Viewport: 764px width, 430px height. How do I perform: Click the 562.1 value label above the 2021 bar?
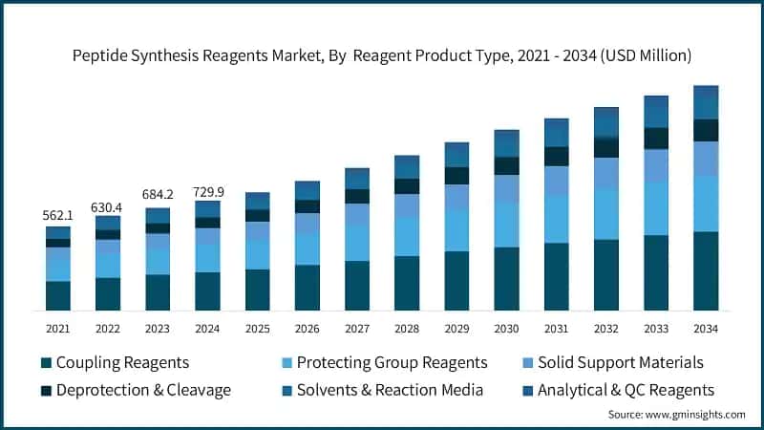coord(58,215)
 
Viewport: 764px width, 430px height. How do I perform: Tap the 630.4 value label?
coord(108,206)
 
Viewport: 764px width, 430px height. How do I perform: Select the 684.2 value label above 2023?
coord(158,198)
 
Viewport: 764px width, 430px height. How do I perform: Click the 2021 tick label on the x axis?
coord(58,329)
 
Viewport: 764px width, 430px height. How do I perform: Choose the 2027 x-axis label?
coord(357,329)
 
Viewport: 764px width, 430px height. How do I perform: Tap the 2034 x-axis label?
coord(706,329)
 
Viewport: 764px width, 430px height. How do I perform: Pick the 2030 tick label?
coord(506,329)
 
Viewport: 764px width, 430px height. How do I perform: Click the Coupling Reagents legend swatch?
coord(46,363)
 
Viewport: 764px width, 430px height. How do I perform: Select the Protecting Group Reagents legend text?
coord(392,363)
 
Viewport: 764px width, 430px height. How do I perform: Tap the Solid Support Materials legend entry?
coord(620,363)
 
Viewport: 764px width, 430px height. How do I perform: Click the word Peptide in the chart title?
coord(100,56)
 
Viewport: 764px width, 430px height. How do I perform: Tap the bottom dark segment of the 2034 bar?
coord(706,271)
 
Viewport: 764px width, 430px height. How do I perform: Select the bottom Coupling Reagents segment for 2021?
coord(58,296)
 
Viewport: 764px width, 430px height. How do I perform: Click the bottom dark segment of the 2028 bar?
coord(407,284)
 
